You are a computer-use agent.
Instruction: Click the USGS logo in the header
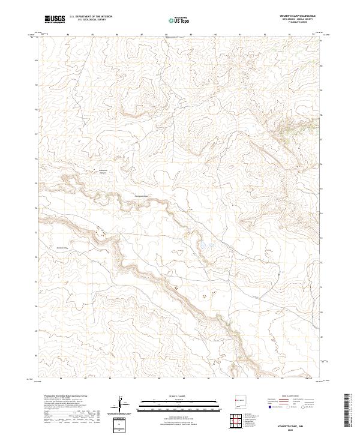pyautogui.click(x=55, y=19)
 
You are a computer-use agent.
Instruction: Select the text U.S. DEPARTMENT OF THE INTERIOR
pyautogui.click(x=91, y=17)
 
